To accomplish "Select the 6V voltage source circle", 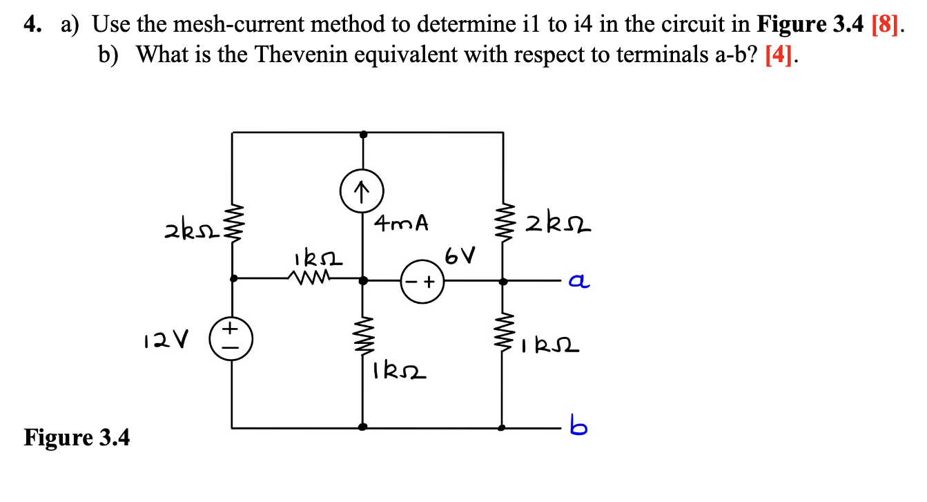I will coord(422,282).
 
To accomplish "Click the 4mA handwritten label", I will coord(401,223).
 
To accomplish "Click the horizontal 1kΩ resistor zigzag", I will coord(307,278).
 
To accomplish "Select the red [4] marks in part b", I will coord(780,55).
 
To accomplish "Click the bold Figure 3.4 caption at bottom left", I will coord(77,437).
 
